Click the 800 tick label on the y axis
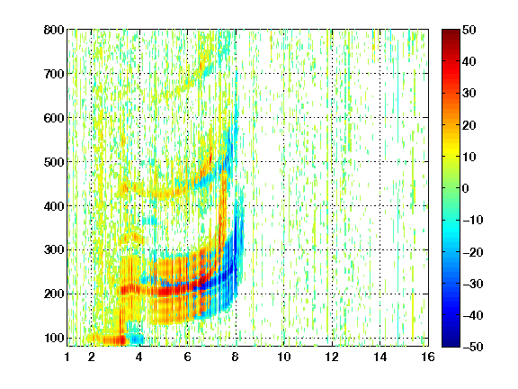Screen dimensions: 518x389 54,30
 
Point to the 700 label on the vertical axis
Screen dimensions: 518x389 54,74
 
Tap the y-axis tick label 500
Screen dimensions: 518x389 54,162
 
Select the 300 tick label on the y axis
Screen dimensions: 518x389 54,250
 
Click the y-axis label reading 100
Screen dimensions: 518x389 54,338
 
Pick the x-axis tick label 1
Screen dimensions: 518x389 67,357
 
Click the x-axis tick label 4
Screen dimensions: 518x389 139,357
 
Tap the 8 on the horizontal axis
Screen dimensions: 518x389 236,357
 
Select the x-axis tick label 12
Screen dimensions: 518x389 332,357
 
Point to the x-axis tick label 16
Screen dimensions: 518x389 428,357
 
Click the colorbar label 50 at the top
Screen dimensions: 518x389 469,30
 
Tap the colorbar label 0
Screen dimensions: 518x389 466,188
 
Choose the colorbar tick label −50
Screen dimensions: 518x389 473,347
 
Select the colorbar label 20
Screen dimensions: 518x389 469,125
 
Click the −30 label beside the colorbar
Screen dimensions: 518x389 473,284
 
